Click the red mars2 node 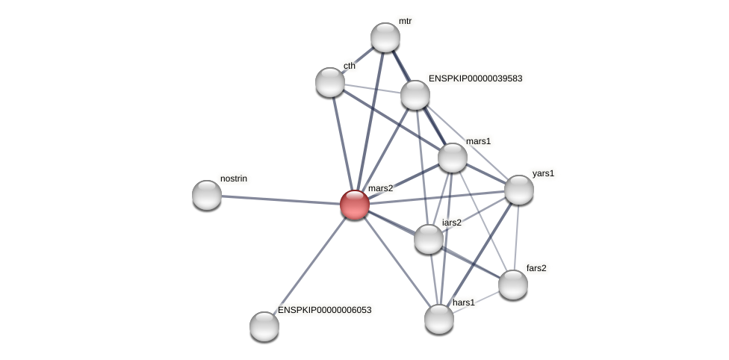[355, 204]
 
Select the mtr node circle [385, 37]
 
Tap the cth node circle [330, 82]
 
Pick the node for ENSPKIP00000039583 [415, 95]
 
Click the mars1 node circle [453, 158]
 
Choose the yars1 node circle [519, 190]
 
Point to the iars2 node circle [429, 239]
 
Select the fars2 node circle [513, 285]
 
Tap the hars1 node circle [439, 319]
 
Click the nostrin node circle [207, 195]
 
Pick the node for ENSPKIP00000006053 [264, 326]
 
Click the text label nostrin [233, 179]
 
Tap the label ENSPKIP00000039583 [475, 78]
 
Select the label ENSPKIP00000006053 [324, 310]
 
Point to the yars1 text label [543, 174]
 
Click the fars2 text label [536, 268]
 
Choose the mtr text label [405, 22]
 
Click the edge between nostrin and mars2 [280, 199]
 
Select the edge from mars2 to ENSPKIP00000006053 [309, 265]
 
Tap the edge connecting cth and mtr [358, 60]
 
